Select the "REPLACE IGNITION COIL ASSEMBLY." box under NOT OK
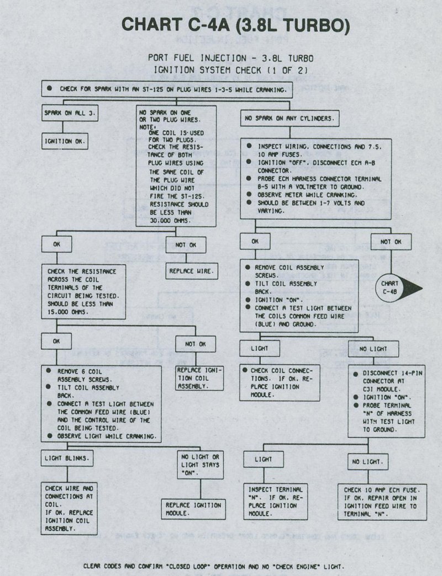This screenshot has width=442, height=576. click(199, 378)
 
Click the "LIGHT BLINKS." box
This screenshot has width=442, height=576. click(67, 457)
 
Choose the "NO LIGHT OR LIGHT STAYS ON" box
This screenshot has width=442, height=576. click(201, 465)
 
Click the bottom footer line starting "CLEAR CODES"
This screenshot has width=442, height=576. click(213, 566)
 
